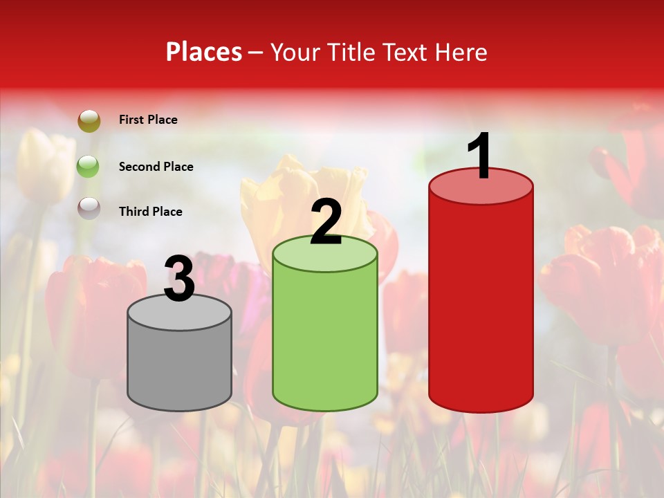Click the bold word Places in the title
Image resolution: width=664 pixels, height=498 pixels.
(204, 52)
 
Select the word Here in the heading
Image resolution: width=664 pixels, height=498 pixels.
(461, 52)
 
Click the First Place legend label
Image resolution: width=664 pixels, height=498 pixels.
(148, 120)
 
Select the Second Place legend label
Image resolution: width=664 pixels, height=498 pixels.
(156, 167)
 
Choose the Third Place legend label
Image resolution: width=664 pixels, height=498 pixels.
(150, 212)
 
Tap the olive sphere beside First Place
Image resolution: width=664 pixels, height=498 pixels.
(89, 121)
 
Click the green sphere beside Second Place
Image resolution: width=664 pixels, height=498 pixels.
(89, 166)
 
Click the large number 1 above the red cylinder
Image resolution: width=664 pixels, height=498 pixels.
(480, 156)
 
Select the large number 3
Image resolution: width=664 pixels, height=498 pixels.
(180, 279)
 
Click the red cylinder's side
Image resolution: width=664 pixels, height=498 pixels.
(481, 304)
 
